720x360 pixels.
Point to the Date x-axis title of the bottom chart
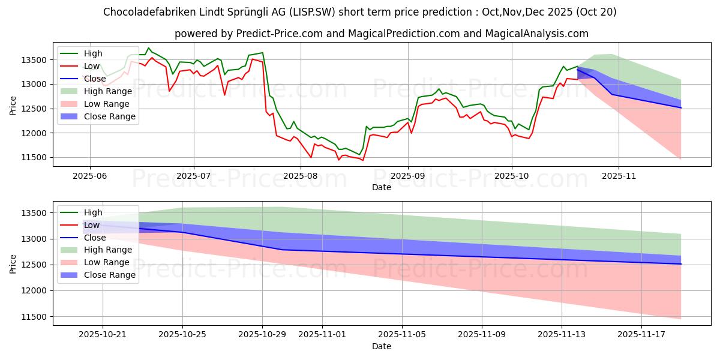[382, 346]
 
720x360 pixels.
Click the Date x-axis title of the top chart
[382, 187]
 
